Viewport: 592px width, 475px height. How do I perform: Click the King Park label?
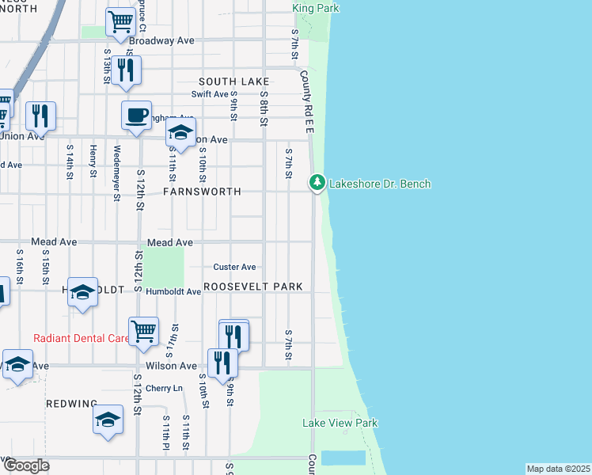[316, 8]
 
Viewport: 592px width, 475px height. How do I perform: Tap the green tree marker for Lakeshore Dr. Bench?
[317, 183]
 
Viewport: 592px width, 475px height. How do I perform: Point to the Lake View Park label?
[340, 424]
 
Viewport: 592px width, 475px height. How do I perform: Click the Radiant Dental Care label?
[81, 338]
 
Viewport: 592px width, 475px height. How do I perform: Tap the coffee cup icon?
[136, 116]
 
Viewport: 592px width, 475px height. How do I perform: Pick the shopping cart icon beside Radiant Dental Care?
[143, 330]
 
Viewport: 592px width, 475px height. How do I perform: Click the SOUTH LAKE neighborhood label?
[234, 82]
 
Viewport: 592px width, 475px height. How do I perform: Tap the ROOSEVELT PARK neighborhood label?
[254, 287]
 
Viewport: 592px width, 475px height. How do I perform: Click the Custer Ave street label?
[235, 267]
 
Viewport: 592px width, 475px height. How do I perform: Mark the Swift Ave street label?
[210, 94]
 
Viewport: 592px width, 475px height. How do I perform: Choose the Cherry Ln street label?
[164, 389]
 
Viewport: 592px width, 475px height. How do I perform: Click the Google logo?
[26, 465]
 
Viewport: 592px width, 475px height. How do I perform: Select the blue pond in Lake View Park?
[343, 458]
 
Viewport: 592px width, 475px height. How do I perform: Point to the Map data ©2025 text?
[558, 469]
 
